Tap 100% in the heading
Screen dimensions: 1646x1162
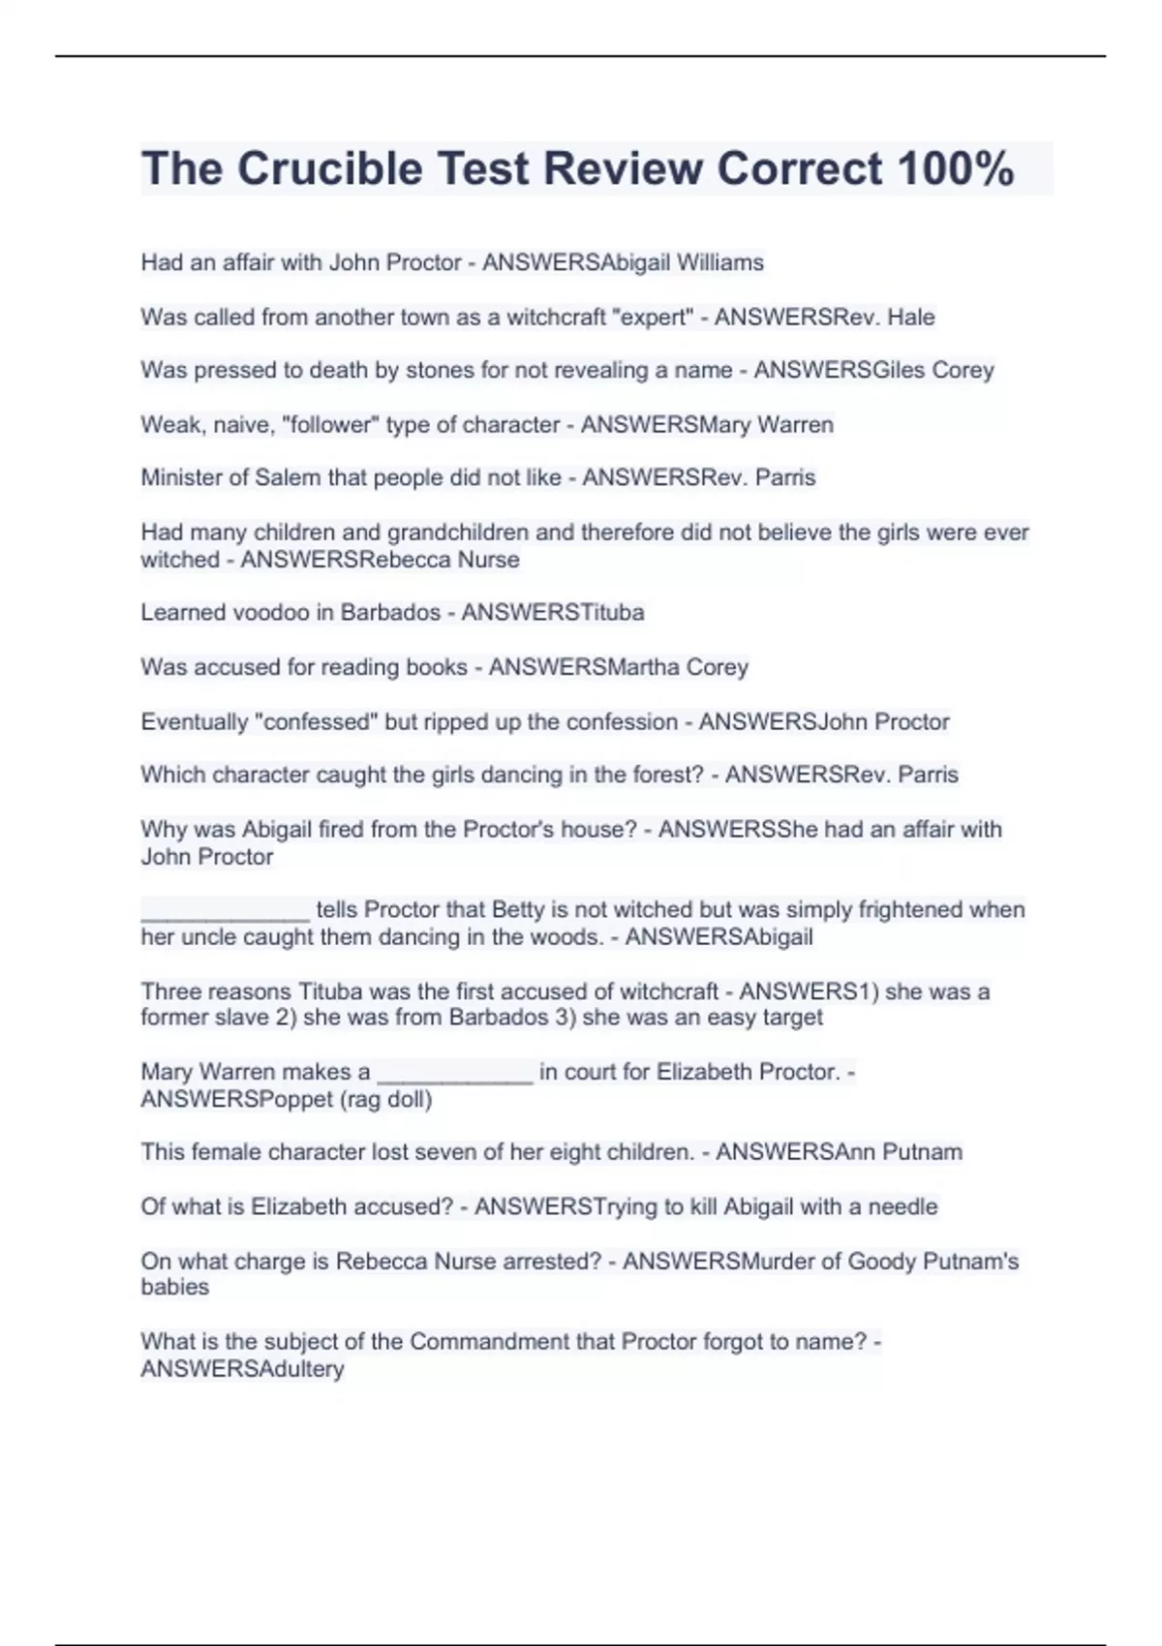pyautogui.click(x=956, y=168)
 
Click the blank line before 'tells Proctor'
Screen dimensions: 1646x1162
pyautogui.click(x=225, y=910)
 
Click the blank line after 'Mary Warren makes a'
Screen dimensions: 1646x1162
pyautogui.click(x=454, y=1072)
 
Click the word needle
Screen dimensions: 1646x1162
pyautogui.click(x=902, y=1206)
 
